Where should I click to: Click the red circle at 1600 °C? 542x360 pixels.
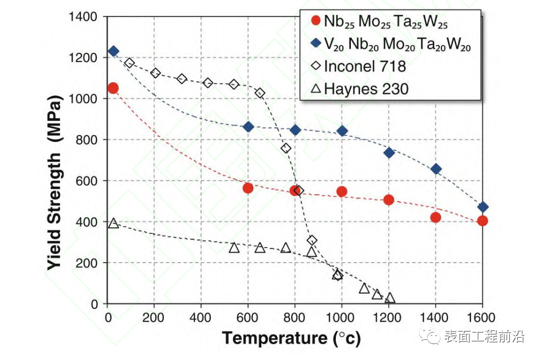click(482, 221)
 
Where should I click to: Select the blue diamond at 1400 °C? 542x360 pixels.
click(436, 169)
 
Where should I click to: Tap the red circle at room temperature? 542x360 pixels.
click(113, 88)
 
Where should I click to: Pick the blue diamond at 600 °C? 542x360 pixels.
click(248, 127)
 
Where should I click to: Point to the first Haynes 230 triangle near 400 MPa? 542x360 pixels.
click(113, 223)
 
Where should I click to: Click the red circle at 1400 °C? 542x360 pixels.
click(435, 218)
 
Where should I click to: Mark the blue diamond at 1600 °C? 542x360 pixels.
click(482, 207)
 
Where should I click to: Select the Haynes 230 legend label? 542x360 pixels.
click(366, 89)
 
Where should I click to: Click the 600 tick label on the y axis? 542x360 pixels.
click(88, 181)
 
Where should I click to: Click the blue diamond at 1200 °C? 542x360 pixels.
click(389, 153)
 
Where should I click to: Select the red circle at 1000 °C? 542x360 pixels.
click(341, 192)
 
